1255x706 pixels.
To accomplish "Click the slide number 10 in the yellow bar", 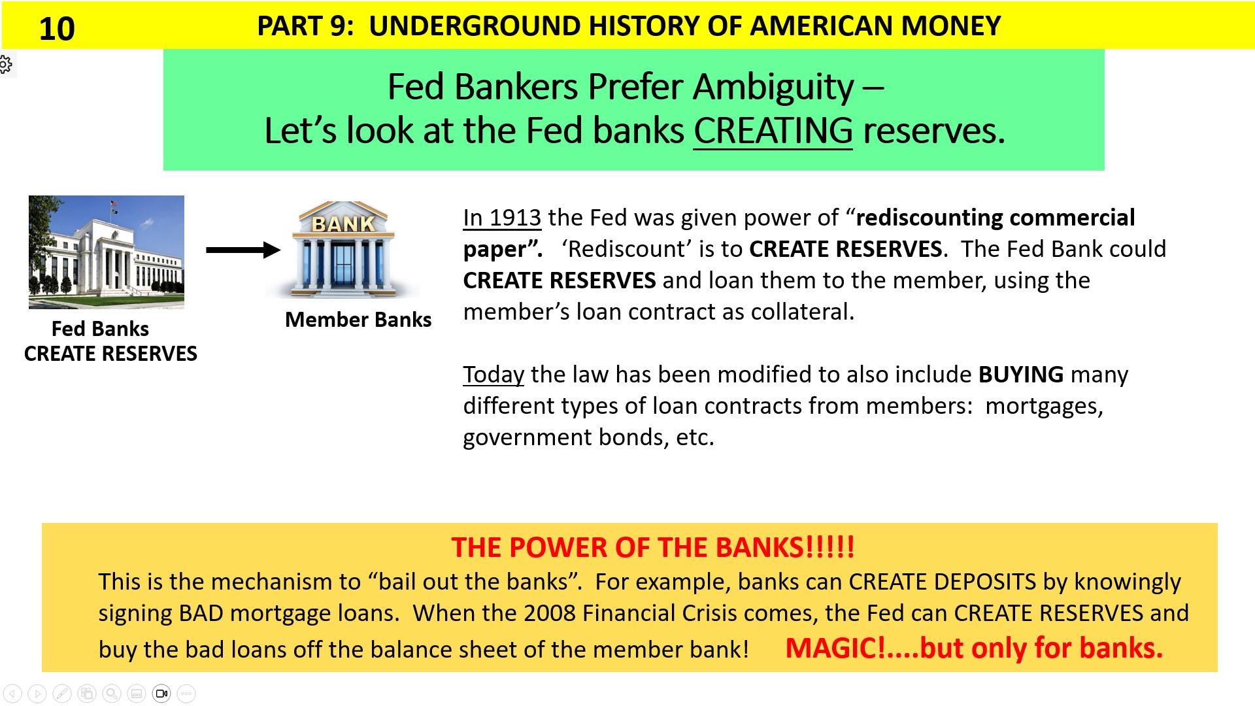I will tap(57, 29).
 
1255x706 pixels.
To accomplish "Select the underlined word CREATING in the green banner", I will tap(773, 131).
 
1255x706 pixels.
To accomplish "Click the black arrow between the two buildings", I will tap(243, 250).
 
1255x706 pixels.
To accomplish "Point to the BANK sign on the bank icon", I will tap(343, 224).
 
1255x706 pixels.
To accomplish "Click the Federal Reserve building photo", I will tap(107, 252).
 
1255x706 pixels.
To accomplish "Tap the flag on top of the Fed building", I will tap(114, 204).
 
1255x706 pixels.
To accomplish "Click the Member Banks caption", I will tap(358, 320).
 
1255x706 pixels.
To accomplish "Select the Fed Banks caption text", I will tap(100, 329).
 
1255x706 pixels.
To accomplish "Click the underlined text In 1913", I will tap(502, 218).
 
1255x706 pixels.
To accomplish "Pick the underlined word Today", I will tap(494, 375).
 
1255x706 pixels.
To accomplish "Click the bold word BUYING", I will tap(1021, 375).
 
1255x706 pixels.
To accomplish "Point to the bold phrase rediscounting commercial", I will tap(995, 218).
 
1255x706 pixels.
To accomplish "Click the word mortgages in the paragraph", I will tap(1043, 406).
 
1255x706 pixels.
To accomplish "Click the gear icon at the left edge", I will tap(5, 64).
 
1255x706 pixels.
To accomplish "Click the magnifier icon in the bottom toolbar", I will tap(112, 694).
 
